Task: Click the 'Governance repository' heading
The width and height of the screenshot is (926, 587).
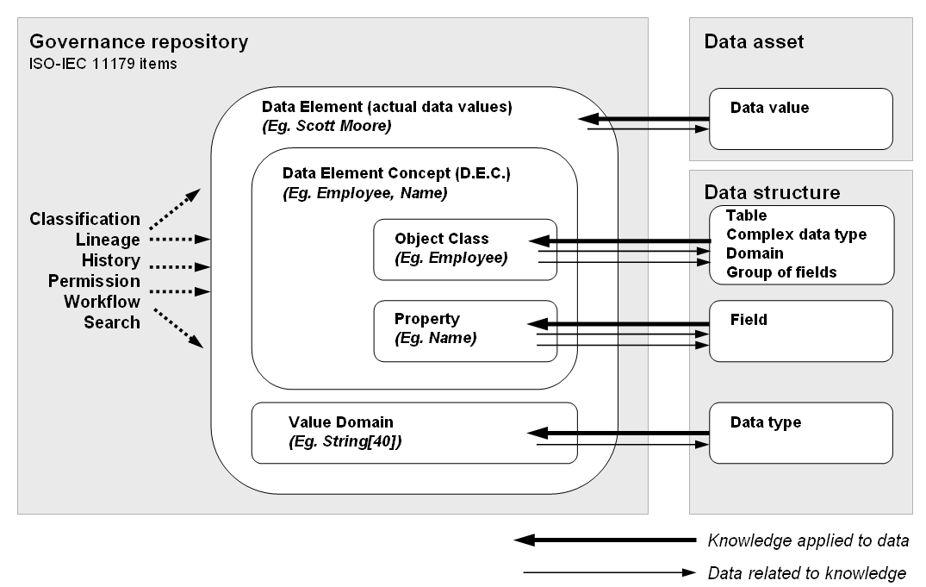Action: click(139, 42)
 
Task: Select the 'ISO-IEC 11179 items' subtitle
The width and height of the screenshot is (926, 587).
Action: click(103, 64)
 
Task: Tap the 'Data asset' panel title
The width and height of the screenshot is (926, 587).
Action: click(754, 42)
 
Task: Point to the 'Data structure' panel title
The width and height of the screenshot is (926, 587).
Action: click(772, 191)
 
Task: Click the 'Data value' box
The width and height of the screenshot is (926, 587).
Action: click(800, 119)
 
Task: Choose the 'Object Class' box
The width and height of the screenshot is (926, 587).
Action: click(465, 248)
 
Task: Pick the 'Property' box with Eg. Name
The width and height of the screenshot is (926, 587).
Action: click(465, 330)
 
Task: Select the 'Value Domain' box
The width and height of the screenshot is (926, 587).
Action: click(413, 432)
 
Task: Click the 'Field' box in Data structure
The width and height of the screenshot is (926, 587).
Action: click(800, 330)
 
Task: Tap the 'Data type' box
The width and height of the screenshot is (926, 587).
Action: click(800, 432)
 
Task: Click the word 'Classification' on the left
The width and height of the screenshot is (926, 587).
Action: click(84, 219)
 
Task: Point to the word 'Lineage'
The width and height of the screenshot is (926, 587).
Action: click(108, 240)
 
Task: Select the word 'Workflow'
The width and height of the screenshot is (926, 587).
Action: click(102, 302)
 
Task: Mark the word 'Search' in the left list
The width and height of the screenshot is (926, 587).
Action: click(112, 322)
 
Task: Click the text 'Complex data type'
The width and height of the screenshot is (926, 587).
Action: click(796, 234)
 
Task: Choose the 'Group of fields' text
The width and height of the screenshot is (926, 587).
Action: click(781, 272)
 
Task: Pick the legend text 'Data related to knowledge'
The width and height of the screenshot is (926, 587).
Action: click(806, 572)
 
